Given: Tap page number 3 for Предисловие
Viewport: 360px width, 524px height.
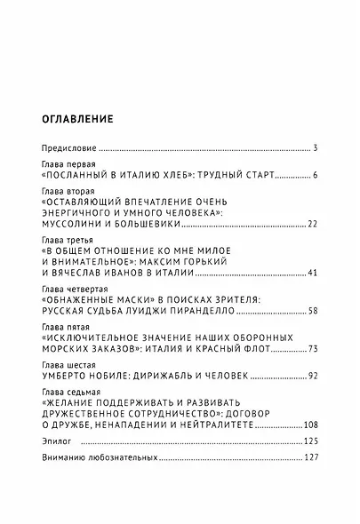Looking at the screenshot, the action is coord(303,147).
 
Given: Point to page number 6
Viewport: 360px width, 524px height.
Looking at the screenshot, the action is coord(303,178).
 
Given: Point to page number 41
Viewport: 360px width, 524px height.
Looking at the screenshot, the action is coord(300,274).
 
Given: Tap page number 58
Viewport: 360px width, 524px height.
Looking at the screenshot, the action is coord(300,312).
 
